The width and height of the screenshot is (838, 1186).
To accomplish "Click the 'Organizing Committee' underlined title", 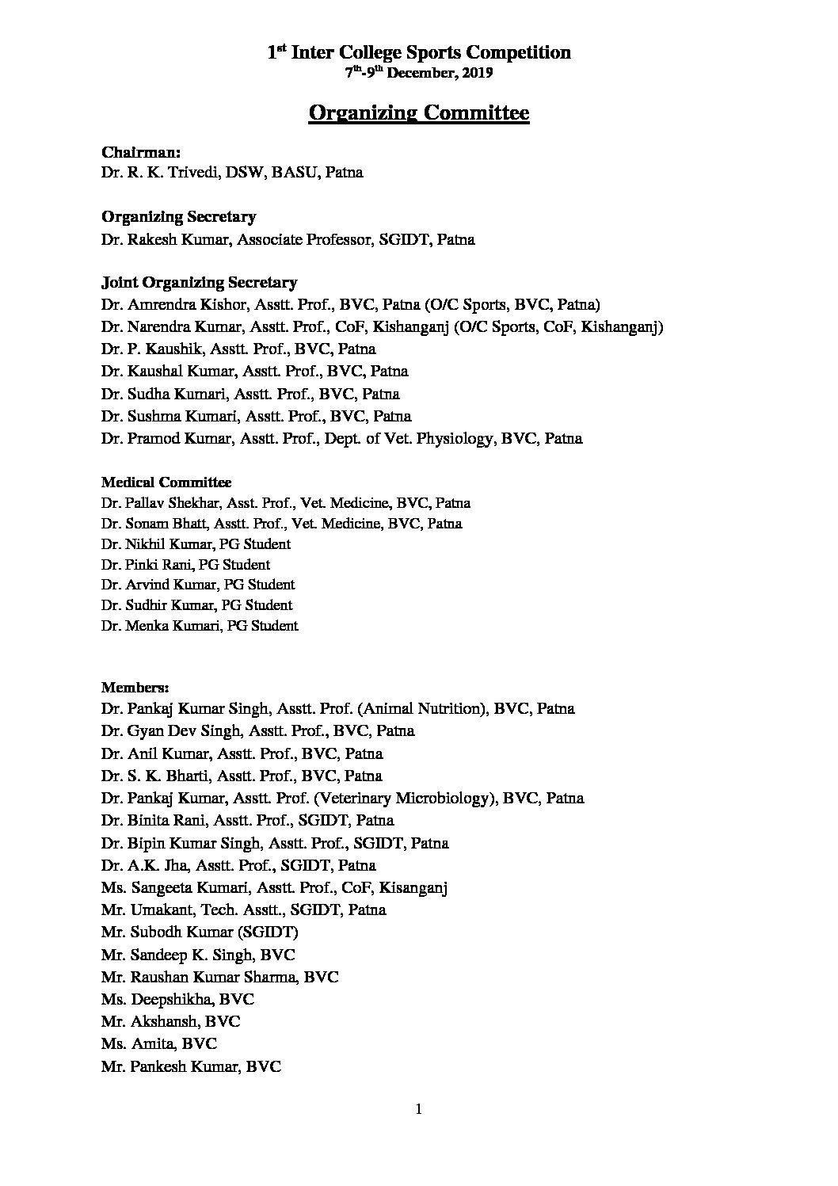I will pyautogui.click(x=418, y=113).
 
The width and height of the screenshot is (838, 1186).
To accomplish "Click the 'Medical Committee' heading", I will pyautogui.click(x=166, y=482).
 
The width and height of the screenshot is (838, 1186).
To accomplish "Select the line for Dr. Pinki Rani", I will pyautogui.click(x=185, y=565).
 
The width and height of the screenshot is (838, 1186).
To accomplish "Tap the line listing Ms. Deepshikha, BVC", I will pyautogui.click(x=177, y=1000).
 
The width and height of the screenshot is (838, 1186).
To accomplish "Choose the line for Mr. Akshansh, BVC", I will pyautogui.click(x=170, y=1022).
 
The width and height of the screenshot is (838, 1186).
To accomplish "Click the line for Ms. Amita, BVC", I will pyautogui.click(x=158, y=1044).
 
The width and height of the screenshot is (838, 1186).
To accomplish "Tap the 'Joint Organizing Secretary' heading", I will pyautogui.click(x=199, y=283).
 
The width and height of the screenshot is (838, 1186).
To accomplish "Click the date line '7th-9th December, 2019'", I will pyautogui.click(x=418, y=73).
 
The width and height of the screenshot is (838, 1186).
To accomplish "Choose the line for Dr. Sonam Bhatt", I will pyautogui.click(x=281, y=524).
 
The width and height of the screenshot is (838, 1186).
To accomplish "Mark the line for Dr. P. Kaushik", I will pyautogui.click(x=238, y=349).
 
